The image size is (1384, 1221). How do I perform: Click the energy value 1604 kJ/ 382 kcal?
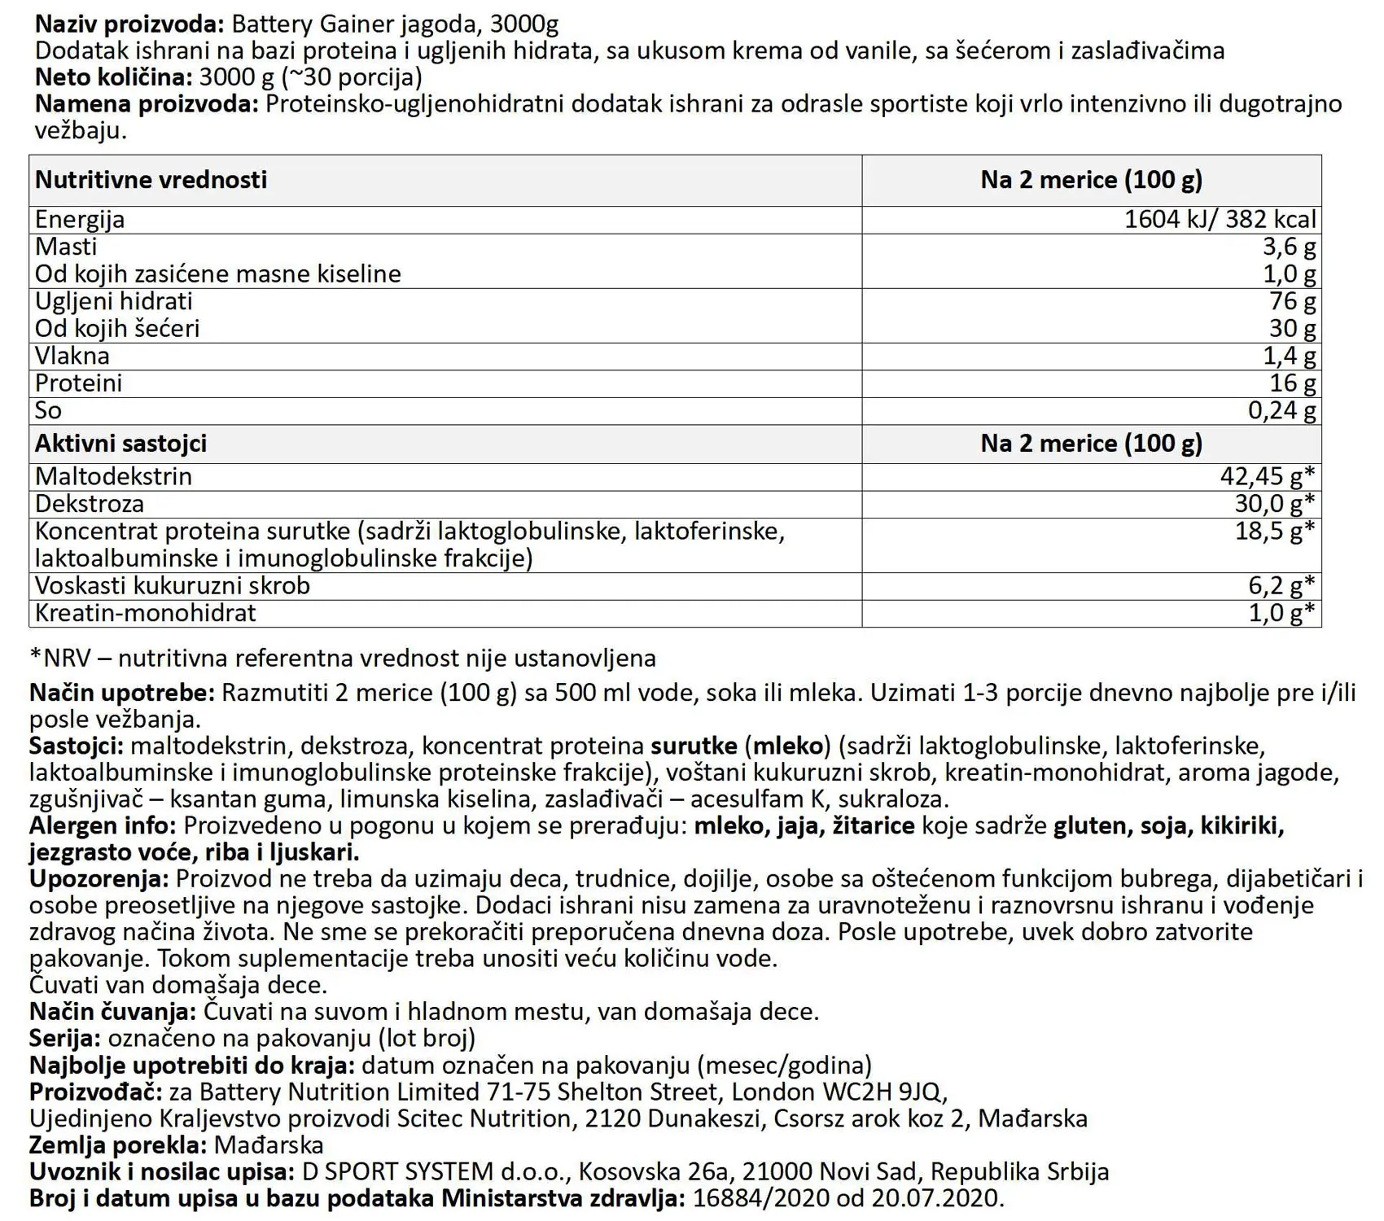click(x=1220, y=220)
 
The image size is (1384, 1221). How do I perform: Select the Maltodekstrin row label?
click(x=113, y=476)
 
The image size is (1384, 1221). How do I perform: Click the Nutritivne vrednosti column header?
click(x=151, y=180)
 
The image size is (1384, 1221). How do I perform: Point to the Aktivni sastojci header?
click(x=120, y=444)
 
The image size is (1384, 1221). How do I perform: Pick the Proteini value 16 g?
click(x=1292, y=383)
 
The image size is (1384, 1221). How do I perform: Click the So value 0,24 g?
click(x=1281, y=410)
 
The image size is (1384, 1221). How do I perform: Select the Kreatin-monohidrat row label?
click(x=145, y=613)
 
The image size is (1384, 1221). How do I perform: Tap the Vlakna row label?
click(x=72, y=356)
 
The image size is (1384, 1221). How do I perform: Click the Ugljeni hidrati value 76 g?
click(x=1292, y=301)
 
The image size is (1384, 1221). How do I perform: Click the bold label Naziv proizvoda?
click(x=129, y=24)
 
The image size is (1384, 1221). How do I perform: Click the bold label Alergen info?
click(x=103, y=826)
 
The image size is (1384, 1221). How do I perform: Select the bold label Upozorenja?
click(x=99, y=879)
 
